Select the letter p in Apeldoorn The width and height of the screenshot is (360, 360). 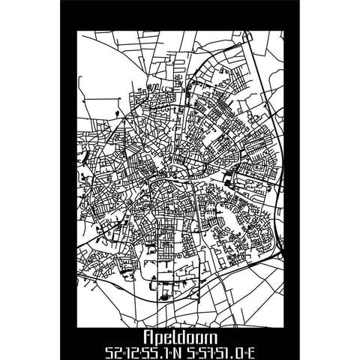coord(160,333)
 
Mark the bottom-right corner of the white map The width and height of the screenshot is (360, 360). coord(287,322)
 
